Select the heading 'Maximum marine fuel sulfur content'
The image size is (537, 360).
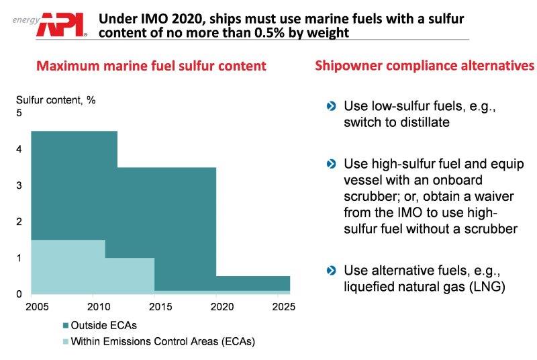coord(151,66)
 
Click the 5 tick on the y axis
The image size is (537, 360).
coord(19,113)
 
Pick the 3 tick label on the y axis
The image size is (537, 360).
coord(19,185)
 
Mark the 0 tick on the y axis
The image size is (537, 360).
coord(19,294)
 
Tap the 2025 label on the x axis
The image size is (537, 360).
coord(279,307)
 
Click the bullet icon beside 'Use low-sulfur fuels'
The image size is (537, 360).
coord(330,106)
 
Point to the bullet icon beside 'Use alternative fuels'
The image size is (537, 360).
coord(330,271)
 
